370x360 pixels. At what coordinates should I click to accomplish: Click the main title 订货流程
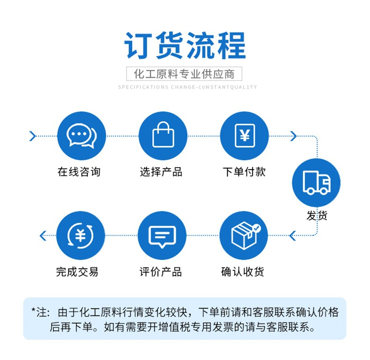(x=185, y=46)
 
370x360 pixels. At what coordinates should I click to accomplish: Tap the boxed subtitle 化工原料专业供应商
(x=185, y=74)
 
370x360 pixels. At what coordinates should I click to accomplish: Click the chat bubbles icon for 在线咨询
(x=81, y=136)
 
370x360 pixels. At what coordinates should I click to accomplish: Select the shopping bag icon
(x=163, y=136)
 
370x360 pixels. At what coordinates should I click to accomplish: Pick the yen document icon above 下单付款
(x=244, y=136)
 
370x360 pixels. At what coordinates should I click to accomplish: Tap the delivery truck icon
(x=316, y=183)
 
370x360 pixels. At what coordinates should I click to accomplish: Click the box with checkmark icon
(x=244, y=235)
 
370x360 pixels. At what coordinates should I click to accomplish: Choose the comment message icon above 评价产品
(x=163, y=235)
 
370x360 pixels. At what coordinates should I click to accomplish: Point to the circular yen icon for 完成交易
(x=81, y=235)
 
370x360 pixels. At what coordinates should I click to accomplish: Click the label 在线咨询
(x=79, y=172)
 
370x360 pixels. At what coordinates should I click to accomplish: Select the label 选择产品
(x=161, y=172)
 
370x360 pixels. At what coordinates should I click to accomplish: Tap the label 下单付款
(x=244, y=172)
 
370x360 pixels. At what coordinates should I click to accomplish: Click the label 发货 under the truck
(x=317, y=215)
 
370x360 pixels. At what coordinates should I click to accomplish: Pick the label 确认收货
(x=243, y=272)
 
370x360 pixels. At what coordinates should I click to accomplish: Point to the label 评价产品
(x=161, y=272)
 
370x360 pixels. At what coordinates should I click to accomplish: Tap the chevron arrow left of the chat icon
(x=32, y=136)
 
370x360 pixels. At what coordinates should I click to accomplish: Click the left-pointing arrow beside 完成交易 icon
(x=43, y=235)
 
